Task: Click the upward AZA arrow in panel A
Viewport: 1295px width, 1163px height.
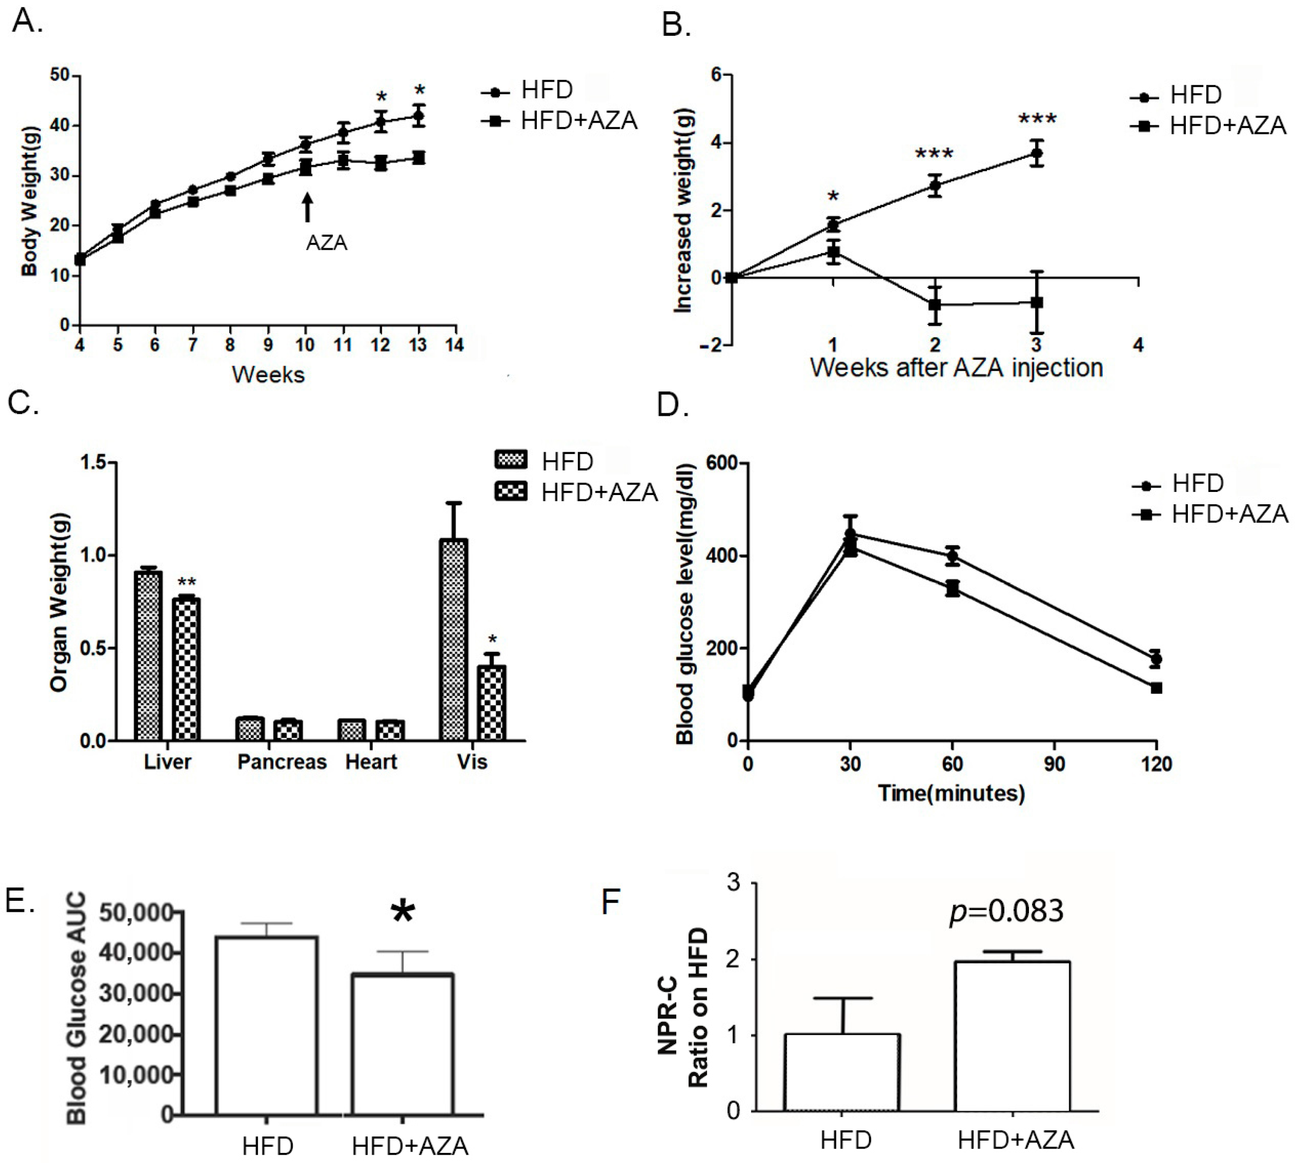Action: (307, 208)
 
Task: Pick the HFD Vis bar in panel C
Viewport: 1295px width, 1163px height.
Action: (453, 639)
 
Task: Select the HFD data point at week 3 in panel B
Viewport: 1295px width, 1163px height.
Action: (1036, 153)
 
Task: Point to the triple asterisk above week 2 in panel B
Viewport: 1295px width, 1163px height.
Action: (934, 154)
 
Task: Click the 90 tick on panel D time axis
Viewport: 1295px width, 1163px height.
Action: (1054, 764)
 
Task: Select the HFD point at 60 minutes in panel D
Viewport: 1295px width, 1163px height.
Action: (952, 556)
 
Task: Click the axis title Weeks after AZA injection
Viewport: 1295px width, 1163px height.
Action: (956, 367)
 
